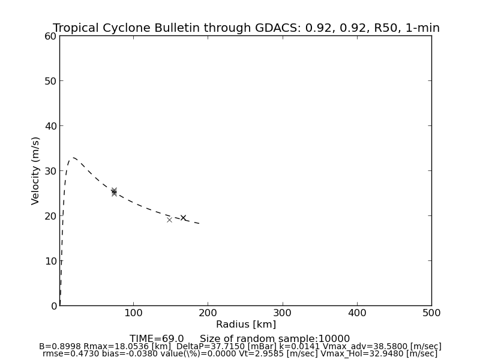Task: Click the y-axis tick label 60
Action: (x=49, y=36)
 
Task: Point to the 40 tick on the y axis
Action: (x=49, y=126)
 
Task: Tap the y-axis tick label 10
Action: (x=49, y=261)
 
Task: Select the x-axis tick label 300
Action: (x=283, y=313)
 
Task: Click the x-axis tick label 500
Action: (x=431, y=313)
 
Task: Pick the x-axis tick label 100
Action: (x=133, y=313)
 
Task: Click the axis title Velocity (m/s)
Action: (x=36, y=170)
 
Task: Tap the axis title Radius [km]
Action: (x=246, y=325)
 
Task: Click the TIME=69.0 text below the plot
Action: (x=157, y=339)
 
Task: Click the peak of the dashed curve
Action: (x=73, y=158)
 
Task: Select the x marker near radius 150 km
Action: (x=169, y=220)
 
